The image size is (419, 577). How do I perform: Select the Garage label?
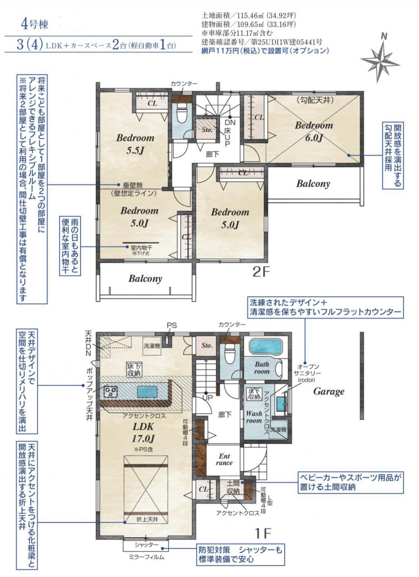[329, 391]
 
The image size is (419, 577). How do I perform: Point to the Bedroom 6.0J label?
[314, 131]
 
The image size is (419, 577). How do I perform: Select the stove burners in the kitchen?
[111, 392]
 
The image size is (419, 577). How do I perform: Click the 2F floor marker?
[261, 272]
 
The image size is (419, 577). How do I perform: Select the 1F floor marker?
[263, 532]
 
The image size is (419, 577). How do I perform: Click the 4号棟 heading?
[35, 25]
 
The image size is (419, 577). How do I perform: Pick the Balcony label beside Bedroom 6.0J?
[313, 184]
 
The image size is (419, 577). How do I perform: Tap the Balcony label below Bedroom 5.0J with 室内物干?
[145, 278]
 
